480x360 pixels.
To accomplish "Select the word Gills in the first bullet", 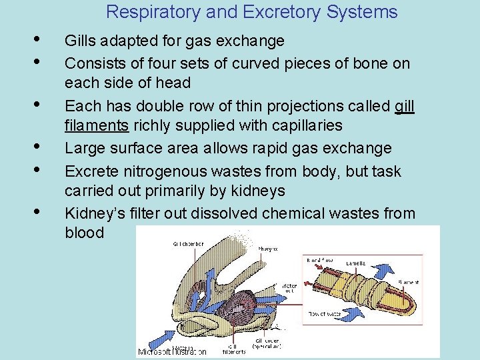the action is [x=79, y=41].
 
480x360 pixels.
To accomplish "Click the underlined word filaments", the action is [x=96, y=126].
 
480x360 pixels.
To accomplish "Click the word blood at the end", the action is [x=84, y=233].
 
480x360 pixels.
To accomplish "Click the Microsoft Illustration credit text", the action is [x=172, y=351].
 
